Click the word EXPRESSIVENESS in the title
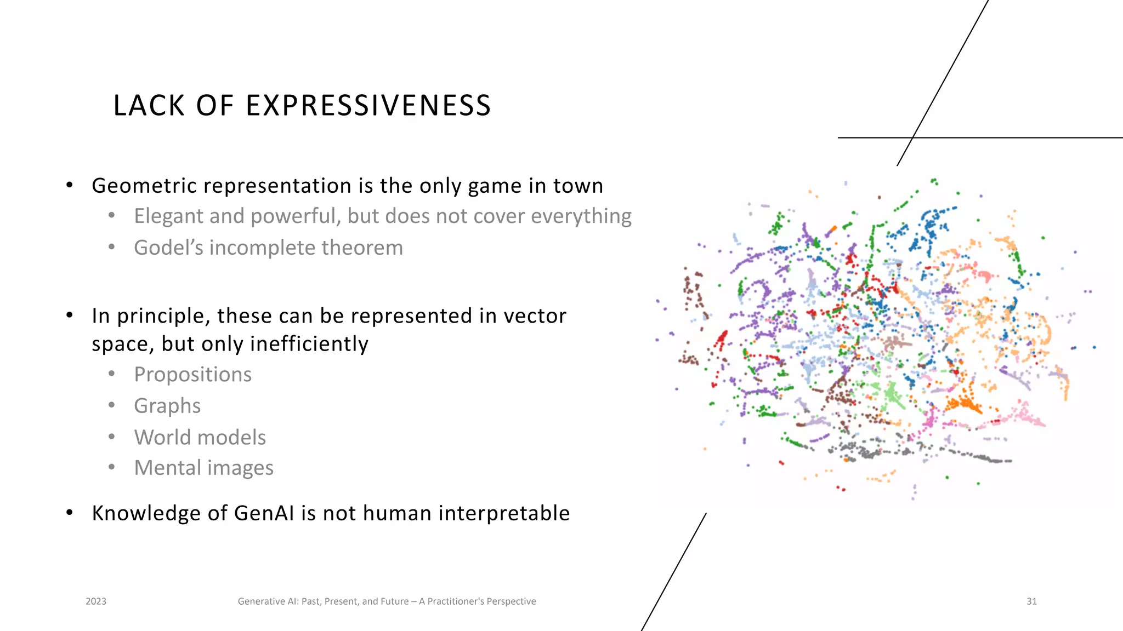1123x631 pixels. pos(368,105)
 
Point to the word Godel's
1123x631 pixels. pos(168,248)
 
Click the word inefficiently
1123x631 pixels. pos(309,344)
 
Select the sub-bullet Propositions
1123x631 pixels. pos(193,375)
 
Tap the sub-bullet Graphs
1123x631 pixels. pos(167,406)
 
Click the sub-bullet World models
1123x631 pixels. pos(200,437)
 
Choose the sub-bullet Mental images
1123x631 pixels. pos(204,468)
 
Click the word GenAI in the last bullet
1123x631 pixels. pos(265,513)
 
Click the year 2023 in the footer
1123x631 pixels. pos(96,601)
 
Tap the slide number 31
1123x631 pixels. pos(1031,601)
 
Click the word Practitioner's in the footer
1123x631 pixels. pos(456,601)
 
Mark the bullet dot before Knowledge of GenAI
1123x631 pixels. pos(70,513)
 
